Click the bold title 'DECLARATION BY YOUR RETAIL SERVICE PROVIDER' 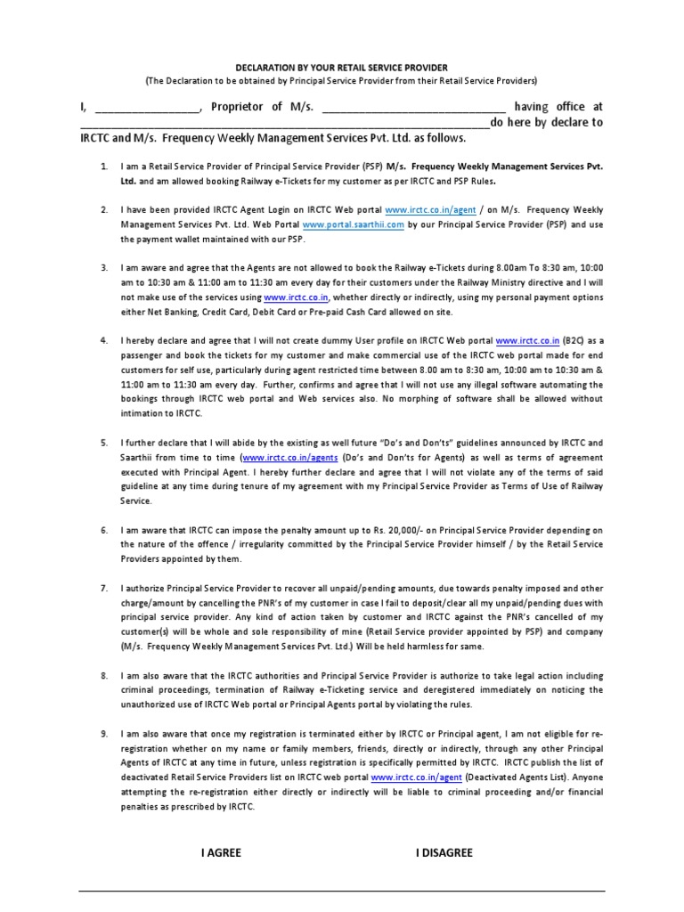[x=341, y=68]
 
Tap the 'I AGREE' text [x=221, y=852]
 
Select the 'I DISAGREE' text [x=444, y=852]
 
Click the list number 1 [x=104, y=167]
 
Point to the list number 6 [x=104, y=529]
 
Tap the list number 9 [x=104, y=732]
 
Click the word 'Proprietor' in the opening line [x=238, y=107]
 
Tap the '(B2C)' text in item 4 [x=578, y=341]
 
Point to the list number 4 [x=104, y=341]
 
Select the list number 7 [x=104, y=589]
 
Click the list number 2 [x=104, y=210]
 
